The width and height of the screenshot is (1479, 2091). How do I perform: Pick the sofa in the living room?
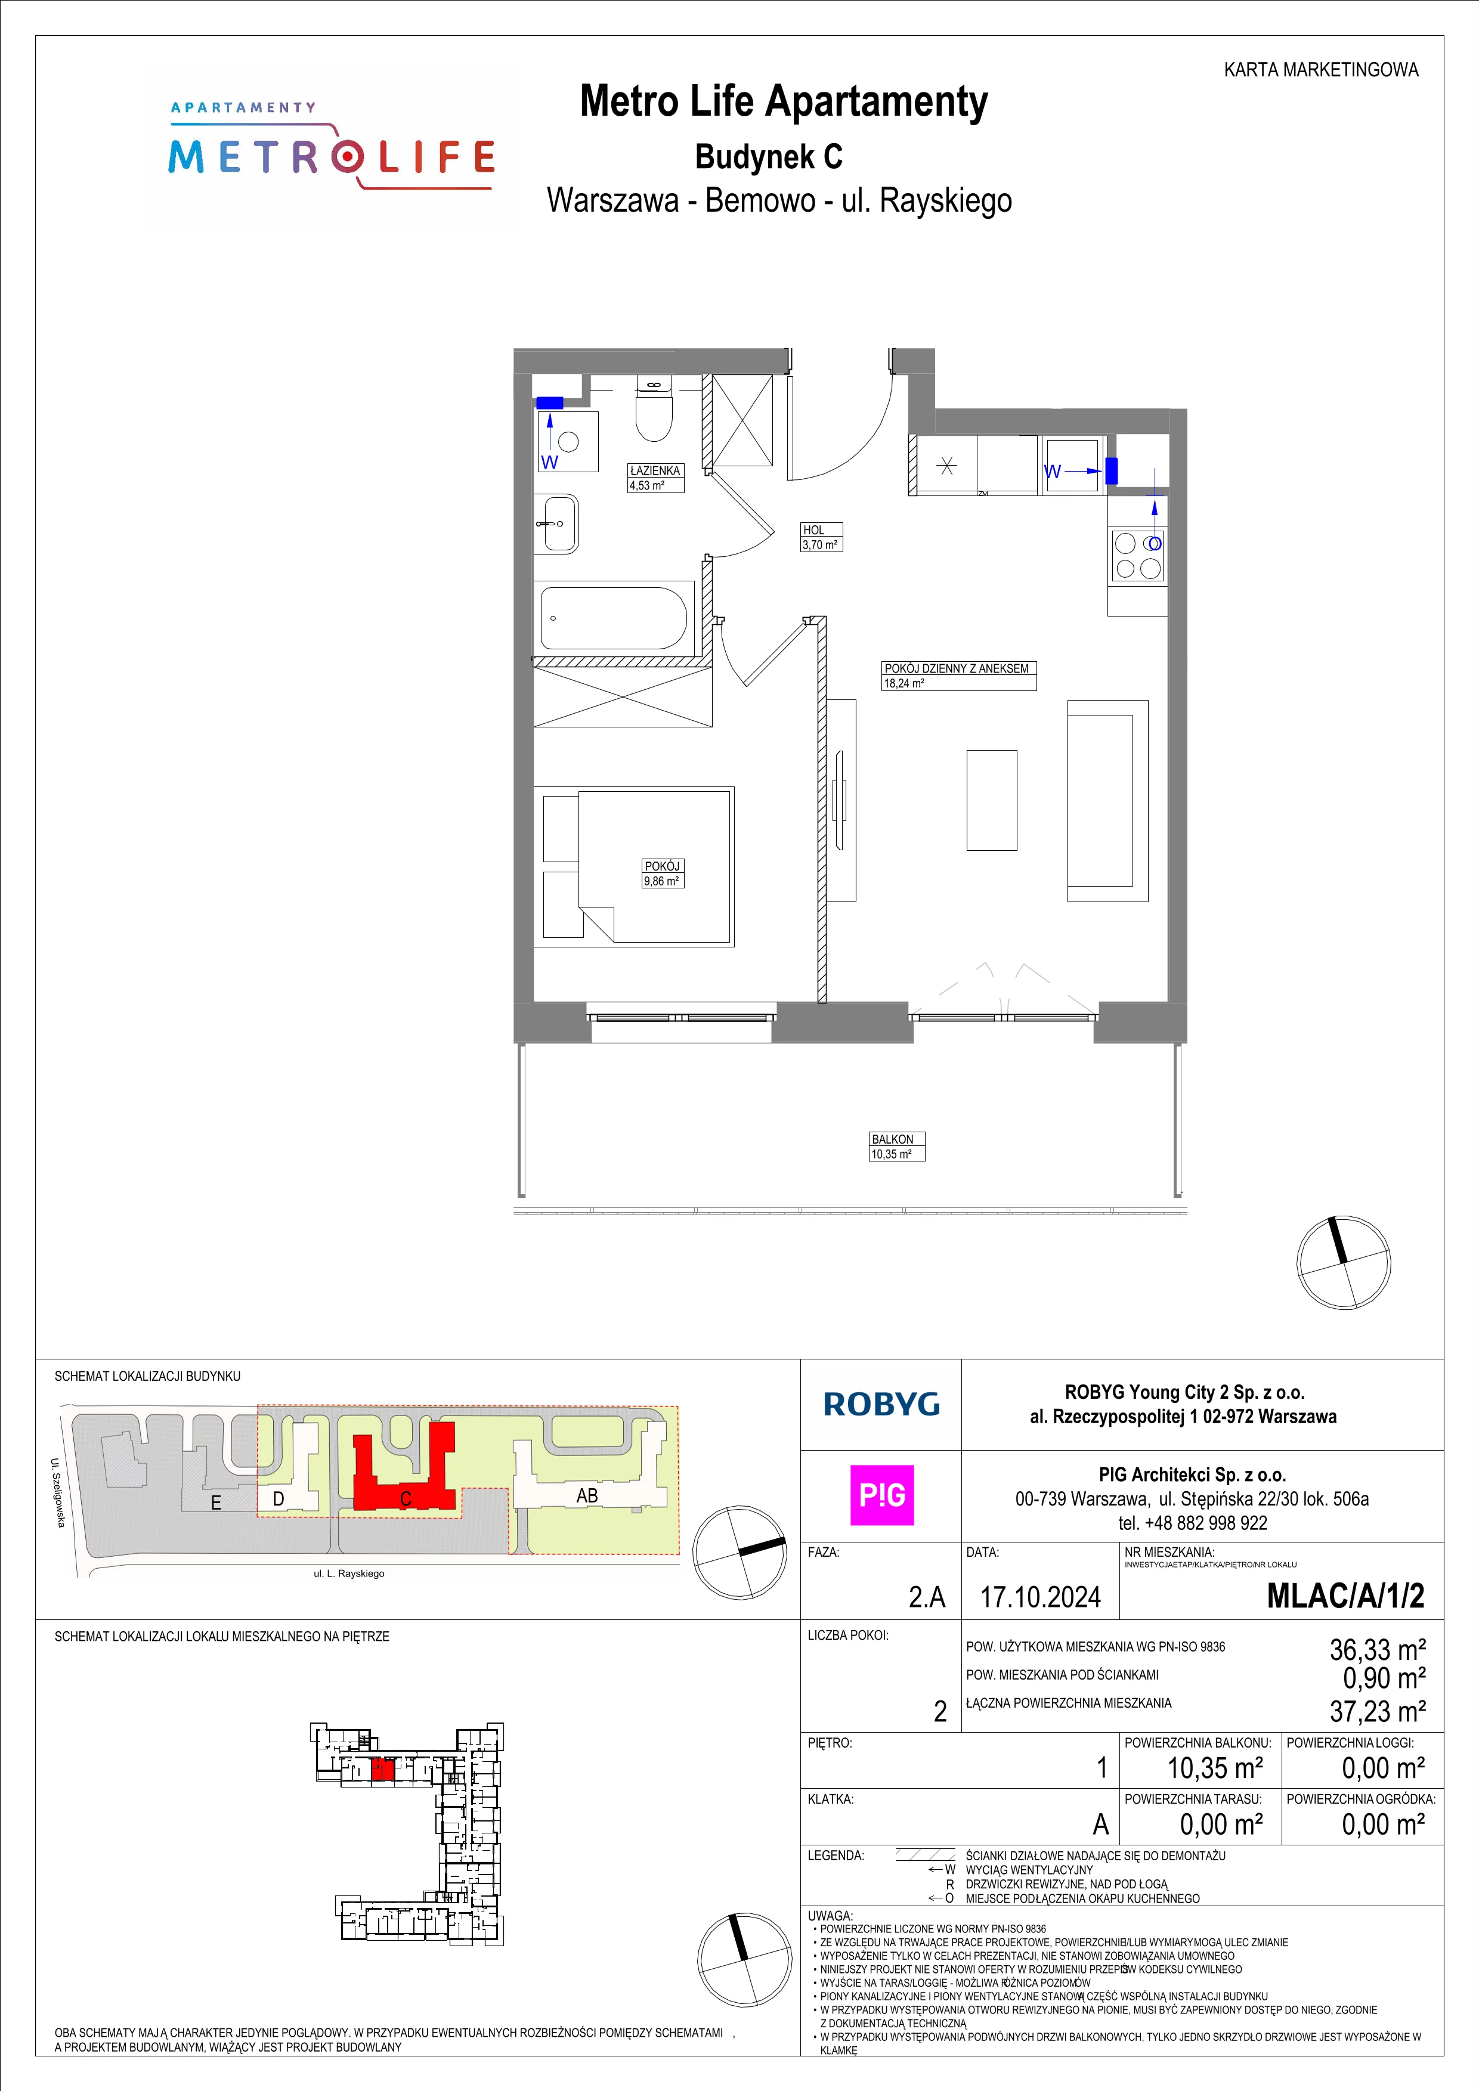tap(1107, 801)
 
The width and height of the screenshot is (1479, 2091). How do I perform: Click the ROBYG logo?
tap(881, 1404)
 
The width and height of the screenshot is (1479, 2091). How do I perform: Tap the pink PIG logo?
tap(881, 1495)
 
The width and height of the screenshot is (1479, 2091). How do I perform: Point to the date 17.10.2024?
tap(1040, 1597)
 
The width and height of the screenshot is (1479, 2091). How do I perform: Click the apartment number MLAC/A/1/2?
tap(1345, 1596)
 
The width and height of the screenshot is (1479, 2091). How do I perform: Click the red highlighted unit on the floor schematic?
tap(382, 1768)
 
